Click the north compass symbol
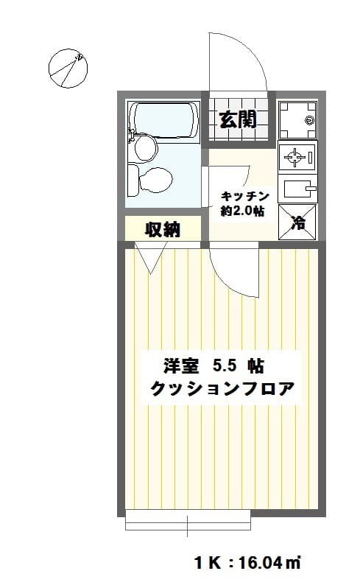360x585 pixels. [x=68, y=69]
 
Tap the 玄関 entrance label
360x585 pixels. [x=238, y=119]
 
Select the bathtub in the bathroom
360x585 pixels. [x=164, y=120]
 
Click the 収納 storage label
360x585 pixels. [x=163, y=229]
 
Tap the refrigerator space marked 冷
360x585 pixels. [x=297, y=223]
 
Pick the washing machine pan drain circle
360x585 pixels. [x=309, y=120]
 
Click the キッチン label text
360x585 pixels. [x=245, y=196]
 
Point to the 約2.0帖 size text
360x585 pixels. [x=242, y=211]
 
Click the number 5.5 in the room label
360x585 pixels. [x=225, y=366]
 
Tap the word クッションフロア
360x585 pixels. [x=222, y=389]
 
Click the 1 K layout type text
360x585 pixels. [x=207, y=563]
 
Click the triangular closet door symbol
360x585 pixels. [x=151, y=257]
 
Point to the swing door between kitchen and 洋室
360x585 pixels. [x=233, y=270]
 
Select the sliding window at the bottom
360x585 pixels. [x=188, y=519]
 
